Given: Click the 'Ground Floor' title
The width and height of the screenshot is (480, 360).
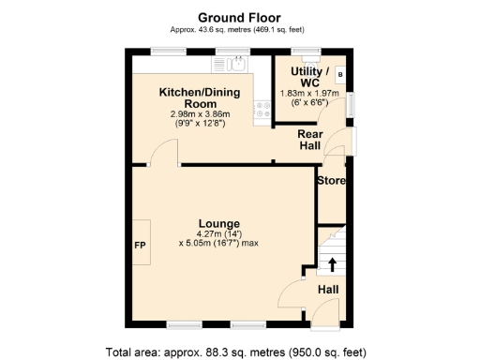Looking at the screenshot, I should coord(239,16).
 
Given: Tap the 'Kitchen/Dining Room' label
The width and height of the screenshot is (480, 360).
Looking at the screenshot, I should coord(201,98).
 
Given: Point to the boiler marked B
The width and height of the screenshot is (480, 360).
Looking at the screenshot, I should coord(339,73).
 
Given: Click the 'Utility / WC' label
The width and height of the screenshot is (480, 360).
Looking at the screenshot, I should coord(309,77).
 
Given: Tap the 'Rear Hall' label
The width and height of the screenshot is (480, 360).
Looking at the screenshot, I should coord(310,141).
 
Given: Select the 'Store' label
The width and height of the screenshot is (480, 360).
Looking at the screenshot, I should coord(331,180).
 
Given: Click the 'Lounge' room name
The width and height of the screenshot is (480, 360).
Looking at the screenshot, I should coord(217,223).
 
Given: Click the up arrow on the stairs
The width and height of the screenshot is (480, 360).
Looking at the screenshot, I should coord(332,262).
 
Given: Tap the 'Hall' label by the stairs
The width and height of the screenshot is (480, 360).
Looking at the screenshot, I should coord(328,290).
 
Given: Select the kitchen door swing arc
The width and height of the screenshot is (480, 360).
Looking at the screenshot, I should coord(167,152).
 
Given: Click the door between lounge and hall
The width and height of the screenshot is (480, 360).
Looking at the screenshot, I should coord(292,292).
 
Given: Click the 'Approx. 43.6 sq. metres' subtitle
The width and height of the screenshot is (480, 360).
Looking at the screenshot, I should coord(239,29).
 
